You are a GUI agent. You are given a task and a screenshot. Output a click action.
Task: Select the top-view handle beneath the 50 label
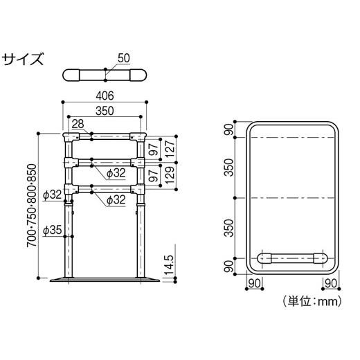pos(104,75)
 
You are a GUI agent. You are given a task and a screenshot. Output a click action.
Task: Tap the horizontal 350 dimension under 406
pos(104,109)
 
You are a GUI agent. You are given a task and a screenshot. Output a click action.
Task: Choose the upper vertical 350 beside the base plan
pos(228,168)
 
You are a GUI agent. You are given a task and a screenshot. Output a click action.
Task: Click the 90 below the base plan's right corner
pos(330,282)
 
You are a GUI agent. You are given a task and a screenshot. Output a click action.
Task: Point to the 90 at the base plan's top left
pos(228,130)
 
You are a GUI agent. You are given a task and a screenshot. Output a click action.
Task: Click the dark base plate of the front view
pos(104,280)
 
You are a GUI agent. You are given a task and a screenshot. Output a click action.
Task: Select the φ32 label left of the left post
pos(53,195)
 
